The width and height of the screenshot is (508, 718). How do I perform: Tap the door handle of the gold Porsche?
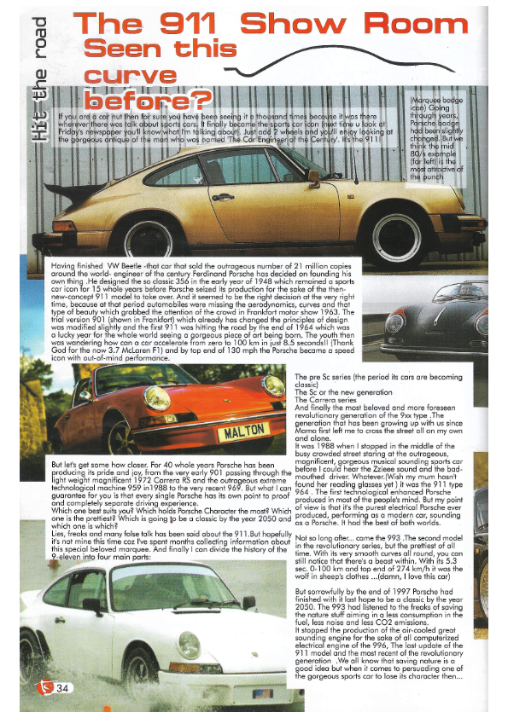[x=224, y=197]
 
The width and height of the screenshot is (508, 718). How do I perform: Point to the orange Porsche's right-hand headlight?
[x=272, y=387]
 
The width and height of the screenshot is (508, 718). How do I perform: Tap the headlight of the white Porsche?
[x=189, y=644]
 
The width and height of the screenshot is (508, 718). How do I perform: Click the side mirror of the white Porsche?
[x=248, y=603]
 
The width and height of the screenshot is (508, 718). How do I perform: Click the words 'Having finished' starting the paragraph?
[x=69, y=267]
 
